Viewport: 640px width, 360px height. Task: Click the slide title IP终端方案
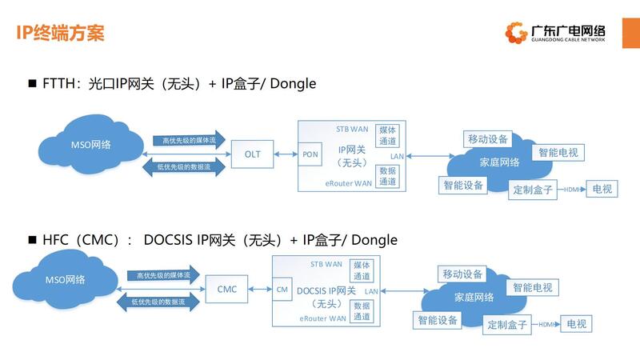[x=61, y=34]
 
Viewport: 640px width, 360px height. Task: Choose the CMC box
[x=227, y=289]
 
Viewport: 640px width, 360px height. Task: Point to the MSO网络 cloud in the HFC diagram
[x=65, y=279]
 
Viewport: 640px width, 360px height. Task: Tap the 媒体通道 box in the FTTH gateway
[x=388, y=134]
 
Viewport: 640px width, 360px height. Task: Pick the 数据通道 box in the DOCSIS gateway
[x=362, y=311]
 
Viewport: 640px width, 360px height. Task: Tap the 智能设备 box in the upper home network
[x=463, y=185]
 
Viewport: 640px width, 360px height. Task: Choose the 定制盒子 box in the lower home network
[x=507, y=324]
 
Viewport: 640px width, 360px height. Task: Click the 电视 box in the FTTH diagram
[x=601, y=190]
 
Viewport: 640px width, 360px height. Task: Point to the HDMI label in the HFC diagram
[x=546, y=324]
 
